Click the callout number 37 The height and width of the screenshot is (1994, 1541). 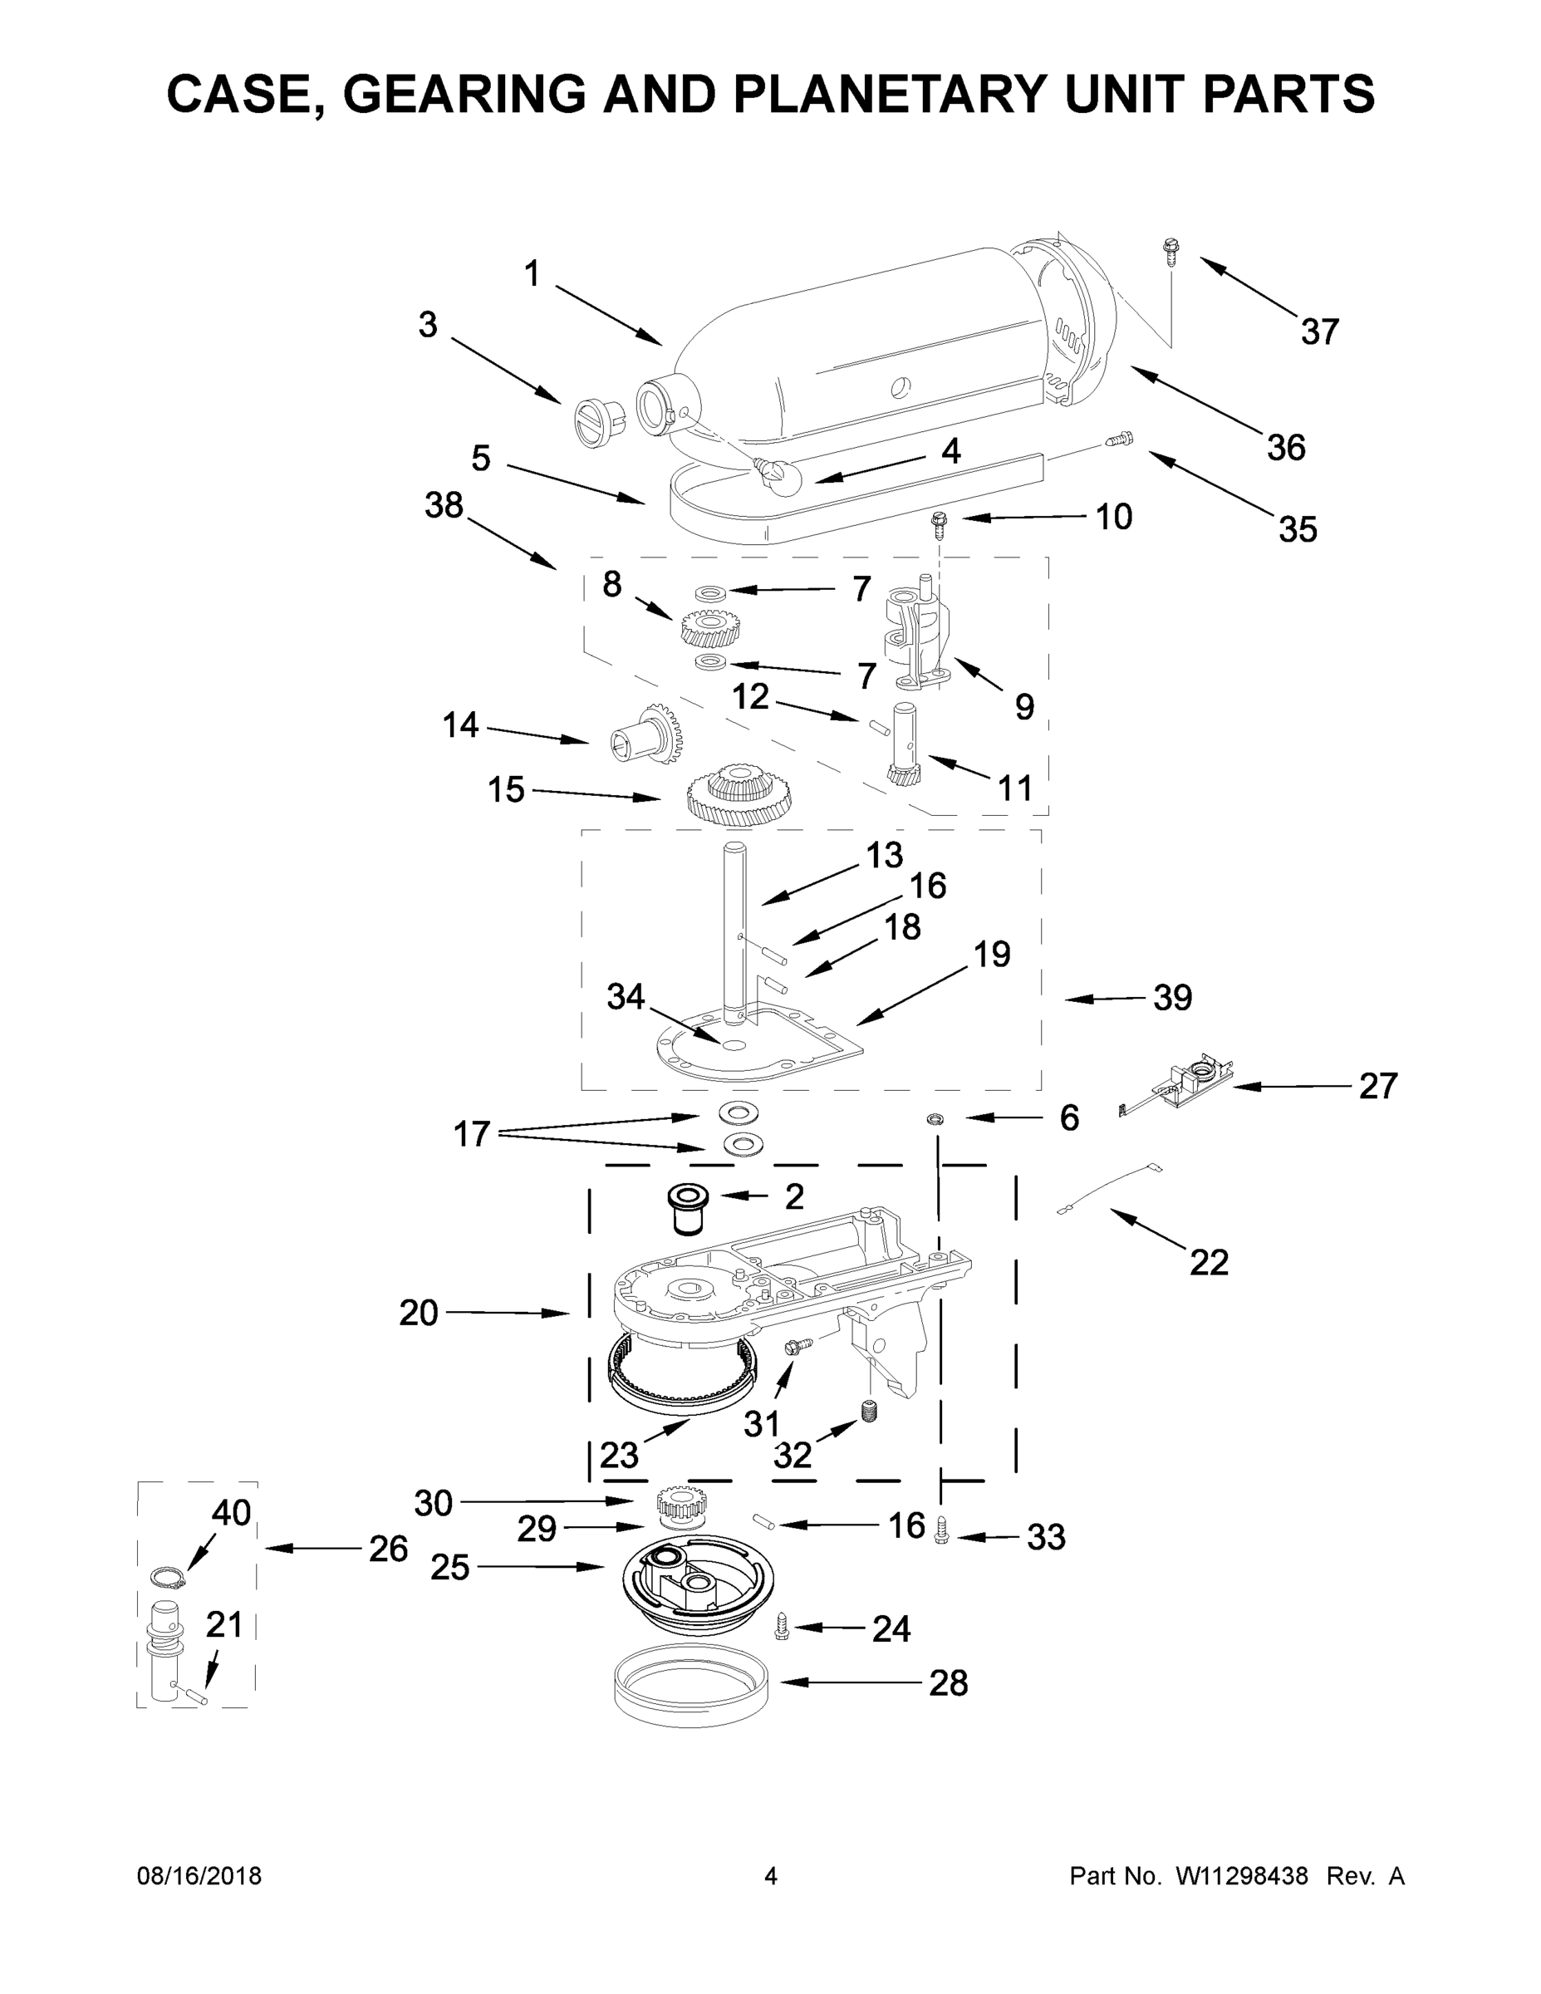(x=1319, y=332)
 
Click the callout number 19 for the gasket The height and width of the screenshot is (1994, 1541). (x=991, y=955)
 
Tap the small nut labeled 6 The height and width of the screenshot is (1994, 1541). (x=935, y=1119)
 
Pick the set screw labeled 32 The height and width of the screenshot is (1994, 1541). (x=869, y=1412)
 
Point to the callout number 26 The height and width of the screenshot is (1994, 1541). (x=388, y=1550)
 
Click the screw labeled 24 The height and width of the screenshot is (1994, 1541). (x=783, y=1626)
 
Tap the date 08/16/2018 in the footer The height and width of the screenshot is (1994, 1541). (x=199, y=1876)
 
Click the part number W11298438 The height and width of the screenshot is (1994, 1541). (x=1242, y=1876)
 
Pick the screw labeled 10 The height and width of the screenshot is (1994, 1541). (x=938, y=525)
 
